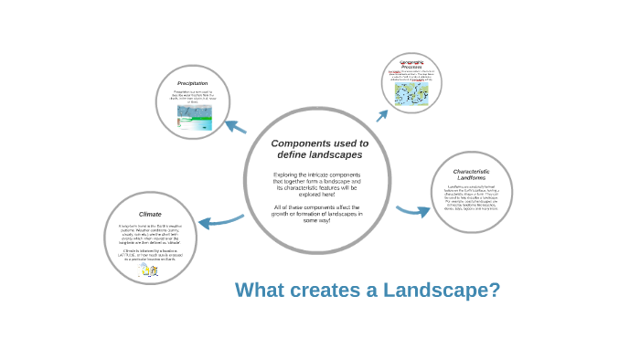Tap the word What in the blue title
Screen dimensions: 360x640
(x=261, y=291)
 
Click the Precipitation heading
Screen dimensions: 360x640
(x=192, y=83)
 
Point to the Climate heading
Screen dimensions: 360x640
(x=150, y=214)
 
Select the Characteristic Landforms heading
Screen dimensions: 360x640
(x=471, y=175)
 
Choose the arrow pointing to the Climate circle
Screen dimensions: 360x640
(x=219, y=220)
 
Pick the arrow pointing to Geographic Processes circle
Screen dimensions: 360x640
(x=382, y=115)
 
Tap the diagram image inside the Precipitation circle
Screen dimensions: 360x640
(x=194, y=117)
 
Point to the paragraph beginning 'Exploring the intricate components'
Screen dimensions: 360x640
(x=317, y=184)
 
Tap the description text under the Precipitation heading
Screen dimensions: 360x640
(x=193, y=97)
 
